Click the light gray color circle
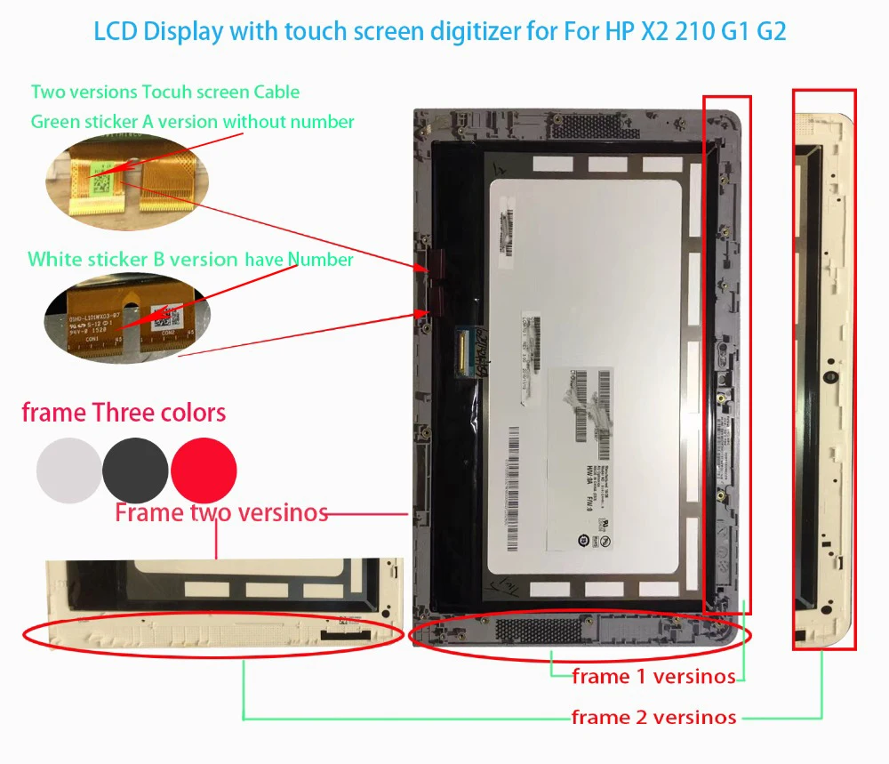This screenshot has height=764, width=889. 69,469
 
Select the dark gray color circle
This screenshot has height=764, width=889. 135,469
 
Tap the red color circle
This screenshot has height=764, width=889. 204,469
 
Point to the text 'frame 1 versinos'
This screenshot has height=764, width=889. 653,677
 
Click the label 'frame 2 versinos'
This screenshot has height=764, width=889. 653,717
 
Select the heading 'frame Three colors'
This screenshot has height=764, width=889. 124,413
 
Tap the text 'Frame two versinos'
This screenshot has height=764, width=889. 221,512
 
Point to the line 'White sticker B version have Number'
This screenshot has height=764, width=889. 190,260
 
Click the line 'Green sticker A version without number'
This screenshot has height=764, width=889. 193,122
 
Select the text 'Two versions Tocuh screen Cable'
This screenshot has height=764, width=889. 165,92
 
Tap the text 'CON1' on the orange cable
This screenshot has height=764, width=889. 92,340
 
